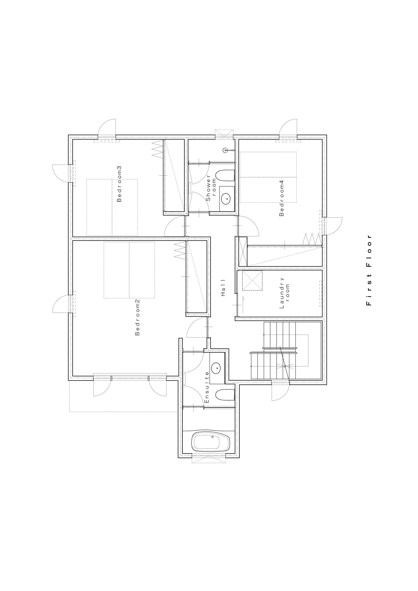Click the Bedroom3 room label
point(119,184)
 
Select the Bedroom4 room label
point(282,198)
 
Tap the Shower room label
point(211,188)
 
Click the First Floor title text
point(369,270)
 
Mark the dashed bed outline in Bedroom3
point(112,207)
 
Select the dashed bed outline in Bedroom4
point(268,177)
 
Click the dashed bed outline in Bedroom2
point(129,270)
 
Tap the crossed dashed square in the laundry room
point(252,280)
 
